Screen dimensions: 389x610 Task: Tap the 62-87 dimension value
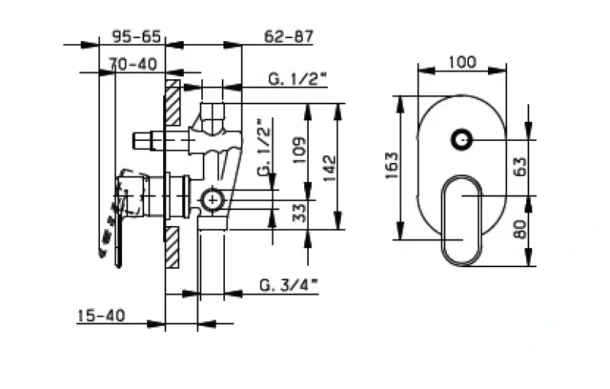pos(289,36)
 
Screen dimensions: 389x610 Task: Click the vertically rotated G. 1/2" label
pos(264,148)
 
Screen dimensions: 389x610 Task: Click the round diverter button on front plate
pos(461,140)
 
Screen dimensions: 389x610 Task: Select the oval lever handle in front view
pos(462,221)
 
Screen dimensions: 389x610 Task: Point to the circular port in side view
pos(210,200)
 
